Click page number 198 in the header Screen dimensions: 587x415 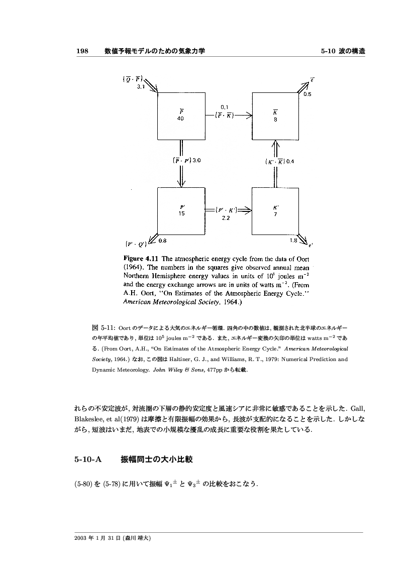[x=82, y=51]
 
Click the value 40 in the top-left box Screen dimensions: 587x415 [x=180, y=119]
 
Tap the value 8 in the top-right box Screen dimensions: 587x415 [x=275, y=120]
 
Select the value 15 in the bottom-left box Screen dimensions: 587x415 [x=181, y=213]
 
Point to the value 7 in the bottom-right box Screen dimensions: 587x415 [x=275, y=214]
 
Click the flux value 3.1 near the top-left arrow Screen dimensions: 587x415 [x=141, y=87]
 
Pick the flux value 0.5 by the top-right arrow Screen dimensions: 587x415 [x=307, y=94]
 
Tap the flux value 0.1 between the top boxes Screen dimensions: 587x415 [x=225, y=106]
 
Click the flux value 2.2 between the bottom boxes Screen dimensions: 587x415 [x=226, y=218]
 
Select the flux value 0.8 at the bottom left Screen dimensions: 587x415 [x=163, y=241]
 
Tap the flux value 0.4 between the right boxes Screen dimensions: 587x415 [x=290, y=161]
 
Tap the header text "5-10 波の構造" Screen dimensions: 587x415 [x=343, y=51]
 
